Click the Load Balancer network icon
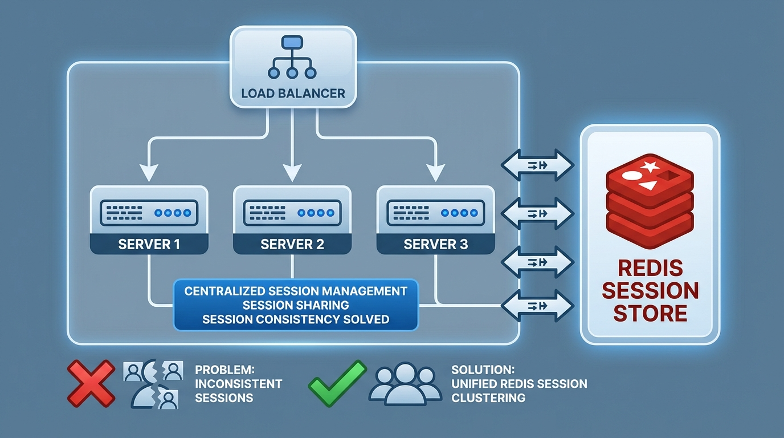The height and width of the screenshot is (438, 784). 292,57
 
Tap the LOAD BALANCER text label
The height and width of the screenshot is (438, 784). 293,93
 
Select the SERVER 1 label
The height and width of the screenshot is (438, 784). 149,244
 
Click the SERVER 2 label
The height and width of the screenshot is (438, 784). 292,244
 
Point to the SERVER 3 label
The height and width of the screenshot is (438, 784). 436,244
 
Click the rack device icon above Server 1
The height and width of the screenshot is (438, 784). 149,213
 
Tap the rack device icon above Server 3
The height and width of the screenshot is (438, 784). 436,213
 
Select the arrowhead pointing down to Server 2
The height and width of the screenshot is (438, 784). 292,173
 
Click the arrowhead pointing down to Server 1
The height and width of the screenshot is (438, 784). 149,173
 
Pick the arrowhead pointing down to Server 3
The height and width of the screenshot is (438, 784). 436,173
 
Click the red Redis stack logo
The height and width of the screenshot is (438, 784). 650,201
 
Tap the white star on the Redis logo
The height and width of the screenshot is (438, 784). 650,167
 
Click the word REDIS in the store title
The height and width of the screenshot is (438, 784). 650,268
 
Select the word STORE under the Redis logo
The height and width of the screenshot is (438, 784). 650,313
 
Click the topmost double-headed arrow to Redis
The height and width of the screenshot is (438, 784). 538,165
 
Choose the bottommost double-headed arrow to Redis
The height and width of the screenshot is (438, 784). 538,306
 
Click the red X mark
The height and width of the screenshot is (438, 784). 91,383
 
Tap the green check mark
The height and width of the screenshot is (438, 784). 337,383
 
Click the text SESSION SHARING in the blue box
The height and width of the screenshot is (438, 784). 296,305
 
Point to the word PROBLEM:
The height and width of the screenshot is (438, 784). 224,370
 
